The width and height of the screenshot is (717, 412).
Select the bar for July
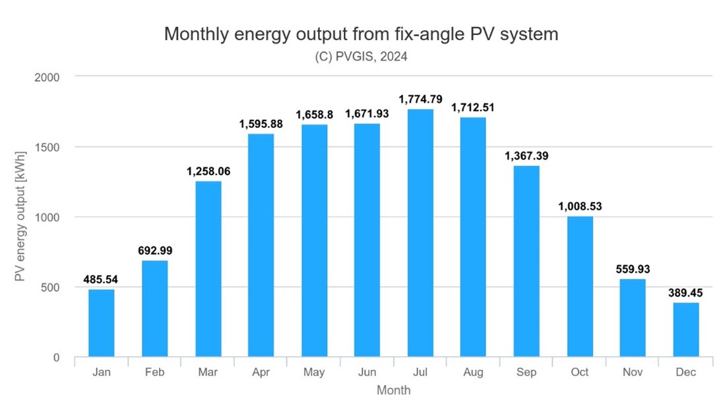click(x=420, y=233)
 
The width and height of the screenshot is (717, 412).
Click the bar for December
click(x=685, y=330)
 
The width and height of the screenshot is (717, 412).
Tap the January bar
click(x=102, y=323)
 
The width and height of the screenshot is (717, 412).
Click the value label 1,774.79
click(x=420, y=99)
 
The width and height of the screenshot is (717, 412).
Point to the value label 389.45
click(x=685, y=292)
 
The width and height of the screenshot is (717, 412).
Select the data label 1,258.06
click(x=208, y=171)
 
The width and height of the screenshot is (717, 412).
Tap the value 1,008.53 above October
click(x=579, y=206)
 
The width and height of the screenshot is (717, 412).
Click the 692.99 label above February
click(x=155, y=250)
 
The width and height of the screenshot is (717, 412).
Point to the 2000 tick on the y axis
click(x=47, y=77)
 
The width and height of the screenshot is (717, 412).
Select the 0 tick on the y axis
click(x=56, y=358)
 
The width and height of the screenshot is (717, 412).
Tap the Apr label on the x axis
click(x=261, y=372)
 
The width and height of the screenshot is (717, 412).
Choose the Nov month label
click(x=633, y=372)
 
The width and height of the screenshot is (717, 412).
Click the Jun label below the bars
click(x=367, y=372)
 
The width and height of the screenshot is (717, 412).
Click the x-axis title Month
click(x=393, y=390)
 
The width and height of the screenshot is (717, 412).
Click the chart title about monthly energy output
click(x=361, y=34)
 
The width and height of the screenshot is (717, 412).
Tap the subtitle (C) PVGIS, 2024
click(x=361, y=57)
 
